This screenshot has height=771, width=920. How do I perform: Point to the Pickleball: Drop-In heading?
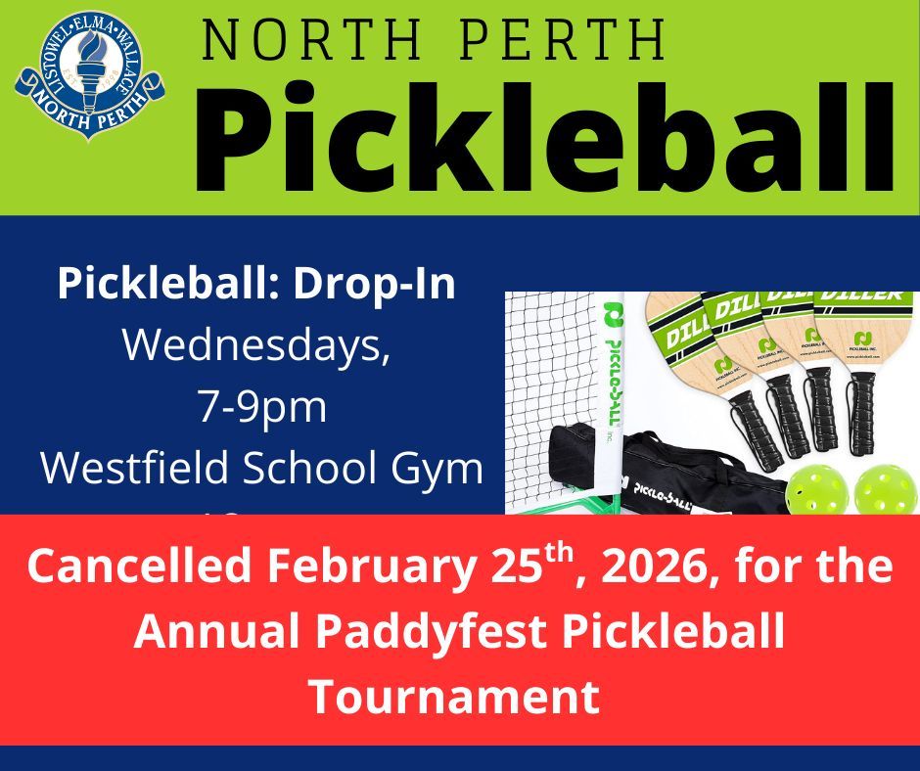(x=257, y=284)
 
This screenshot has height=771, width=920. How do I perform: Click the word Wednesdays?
(x=256, y=346)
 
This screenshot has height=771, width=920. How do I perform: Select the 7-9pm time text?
(x=261, y=407)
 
